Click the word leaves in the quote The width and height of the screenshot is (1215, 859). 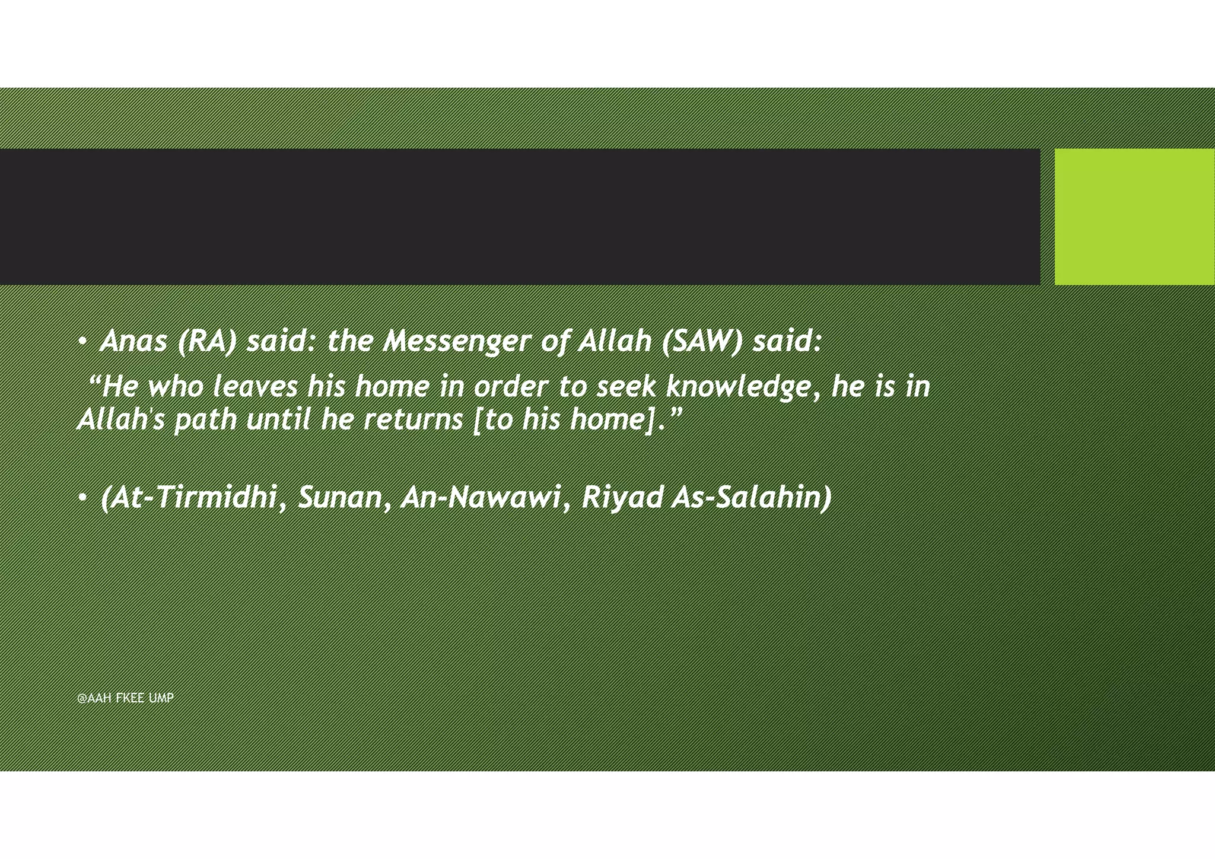click(255, 387)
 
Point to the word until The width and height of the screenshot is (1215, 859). click(278, 420)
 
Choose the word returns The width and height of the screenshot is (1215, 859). click(413, 420)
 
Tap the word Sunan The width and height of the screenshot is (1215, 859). click(340, 497)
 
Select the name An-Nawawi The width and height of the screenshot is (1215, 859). click(481, 497)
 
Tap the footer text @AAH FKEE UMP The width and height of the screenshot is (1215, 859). click(125, 698)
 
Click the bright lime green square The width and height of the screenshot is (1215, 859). click(1134, 217)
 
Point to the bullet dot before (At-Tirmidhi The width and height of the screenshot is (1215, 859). click(83, 498)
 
